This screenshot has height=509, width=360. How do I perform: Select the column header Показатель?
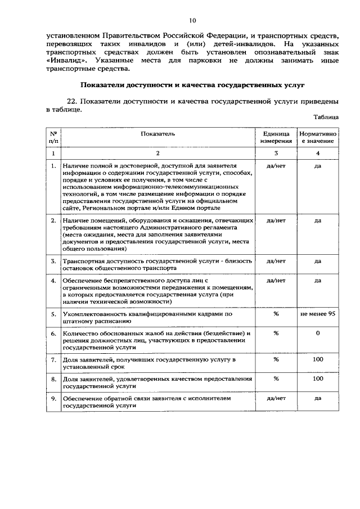(158, 134)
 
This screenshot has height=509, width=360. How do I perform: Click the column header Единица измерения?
(276, 138)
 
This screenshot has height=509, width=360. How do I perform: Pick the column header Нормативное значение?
(318, 138)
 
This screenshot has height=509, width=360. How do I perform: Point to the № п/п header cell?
(53, 138)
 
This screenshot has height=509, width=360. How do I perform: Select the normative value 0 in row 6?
(318, 334)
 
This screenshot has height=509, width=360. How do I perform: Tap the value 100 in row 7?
(318, 359)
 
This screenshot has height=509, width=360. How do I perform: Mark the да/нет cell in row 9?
(276, 398)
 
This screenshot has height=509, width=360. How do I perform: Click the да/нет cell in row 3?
(276, 261)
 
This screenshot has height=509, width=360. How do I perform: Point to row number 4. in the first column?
(53, 280)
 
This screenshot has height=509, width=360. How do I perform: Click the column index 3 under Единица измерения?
(276, 153)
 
